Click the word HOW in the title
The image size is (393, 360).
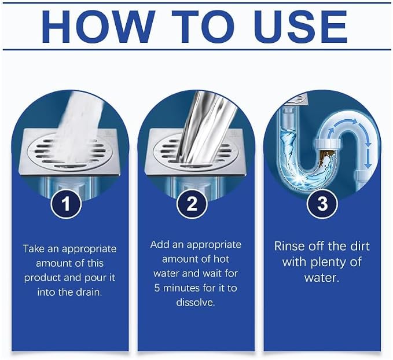coord(98,27)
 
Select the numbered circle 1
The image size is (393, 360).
coord(66,204)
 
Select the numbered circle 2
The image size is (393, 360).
coord(192,204)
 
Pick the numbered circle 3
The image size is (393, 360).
coord(322,204)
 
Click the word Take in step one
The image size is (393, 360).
coord(34,249)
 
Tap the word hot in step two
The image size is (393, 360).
coord(221,259)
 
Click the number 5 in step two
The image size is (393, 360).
coord(157,288)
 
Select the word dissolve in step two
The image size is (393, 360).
coord(196,302)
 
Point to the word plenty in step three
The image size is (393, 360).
coord(328,263)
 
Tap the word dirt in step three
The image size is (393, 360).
coord(359,246)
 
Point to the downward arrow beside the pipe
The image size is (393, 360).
coord(368,158)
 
